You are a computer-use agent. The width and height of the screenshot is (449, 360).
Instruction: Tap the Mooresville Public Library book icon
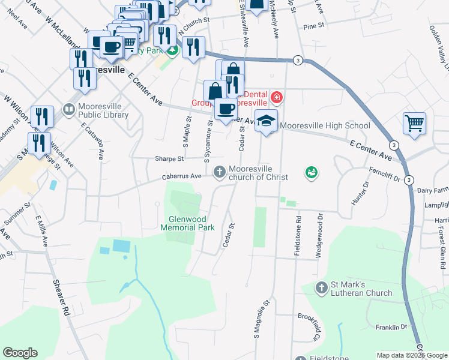[69, 109]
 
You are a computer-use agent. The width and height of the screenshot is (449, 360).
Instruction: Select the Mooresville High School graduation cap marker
[266, 122]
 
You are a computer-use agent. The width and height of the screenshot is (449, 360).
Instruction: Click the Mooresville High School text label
[325, 126]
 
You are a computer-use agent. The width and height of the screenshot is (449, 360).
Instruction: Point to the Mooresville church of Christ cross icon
[220, 172]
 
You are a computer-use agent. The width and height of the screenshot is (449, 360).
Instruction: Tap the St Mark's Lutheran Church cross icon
[322, 288]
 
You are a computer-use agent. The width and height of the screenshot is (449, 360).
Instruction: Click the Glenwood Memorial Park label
[187, 223]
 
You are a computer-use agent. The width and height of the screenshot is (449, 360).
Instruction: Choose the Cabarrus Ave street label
[182, 176]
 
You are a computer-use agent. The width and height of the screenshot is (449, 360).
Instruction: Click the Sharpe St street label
[169, 159]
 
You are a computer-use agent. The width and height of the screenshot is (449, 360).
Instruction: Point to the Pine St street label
[313, 26]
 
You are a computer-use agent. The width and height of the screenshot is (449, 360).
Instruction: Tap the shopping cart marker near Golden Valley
[414, 124]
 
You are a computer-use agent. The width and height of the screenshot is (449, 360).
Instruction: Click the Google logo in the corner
[20, 353]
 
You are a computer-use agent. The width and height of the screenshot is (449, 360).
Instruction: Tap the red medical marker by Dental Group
[276, 97]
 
